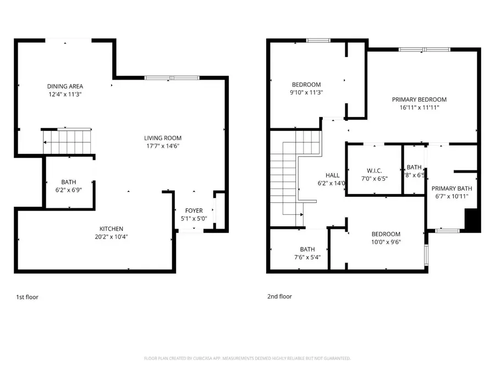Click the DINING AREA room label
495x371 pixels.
[65, 86]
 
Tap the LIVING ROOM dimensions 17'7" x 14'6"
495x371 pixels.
[163, 146]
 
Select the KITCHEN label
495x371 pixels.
[111, 229]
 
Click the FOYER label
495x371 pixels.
[194, 211]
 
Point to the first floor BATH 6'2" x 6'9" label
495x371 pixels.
[69, 182]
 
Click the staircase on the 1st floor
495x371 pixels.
[67, 142]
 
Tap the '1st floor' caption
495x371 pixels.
[27, 297]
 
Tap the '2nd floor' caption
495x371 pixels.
[279, 296]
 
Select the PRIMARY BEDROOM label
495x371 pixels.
[419, 99]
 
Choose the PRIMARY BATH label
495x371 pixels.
[452, 189]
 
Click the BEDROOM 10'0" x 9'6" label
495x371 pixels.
[385, 234]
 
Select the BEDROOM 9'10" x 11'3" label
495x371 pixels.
[306, 84]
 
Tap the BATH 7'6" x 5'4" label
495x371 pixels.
[307, 249]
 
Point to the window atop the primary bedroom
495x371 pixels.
[424, 49]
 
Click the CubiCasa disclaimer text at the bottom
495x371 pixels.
[247, 358]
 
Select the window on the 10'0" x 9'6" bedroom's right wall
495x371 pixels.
[426, 254]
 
